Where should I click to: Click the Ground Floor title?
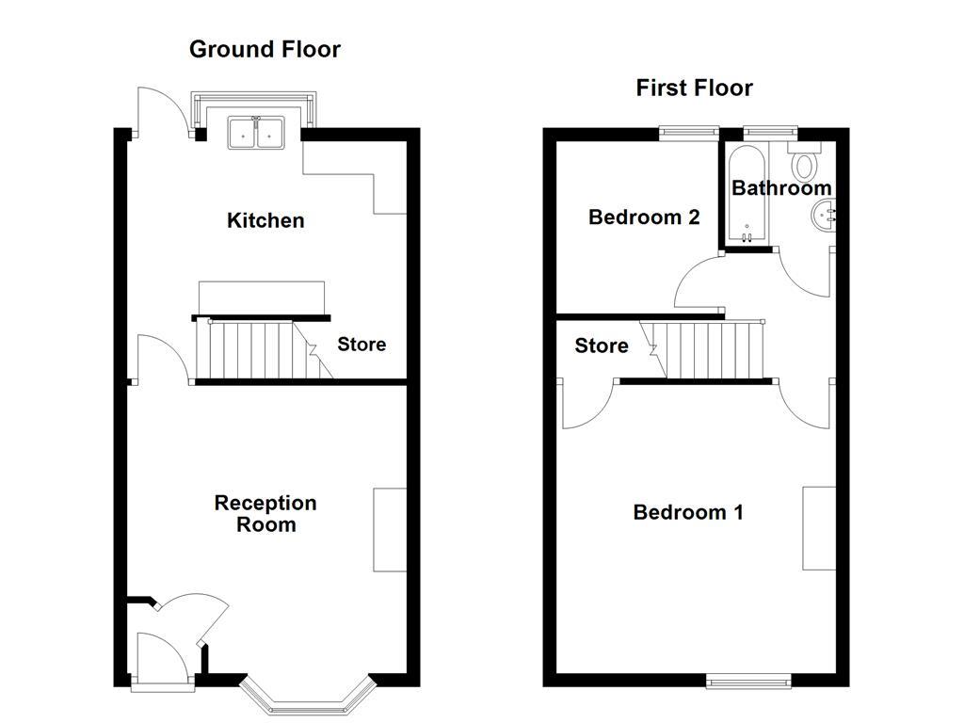tap(265, 49)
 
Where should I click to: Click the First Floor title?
tap(694, 88)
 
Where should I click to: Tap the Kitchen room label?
tap(265, 220)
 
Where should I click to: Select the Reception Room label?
tap(265, 513)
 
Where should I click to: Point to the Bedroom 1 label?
tap(688, 512)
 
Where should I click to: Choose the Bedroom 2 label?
tap(644, 217)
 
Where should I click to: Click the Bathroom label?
tap(781, 188)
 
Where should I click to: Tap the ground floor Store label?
tap(361, 345)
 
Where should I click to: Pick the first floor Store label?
tap(602, 346)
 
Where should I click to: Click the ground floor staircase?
tap(259, 349)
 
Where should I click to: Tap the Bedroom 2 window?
tap(688, 134)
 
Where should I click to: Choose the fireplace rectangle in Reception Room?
tap(390, 529)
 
